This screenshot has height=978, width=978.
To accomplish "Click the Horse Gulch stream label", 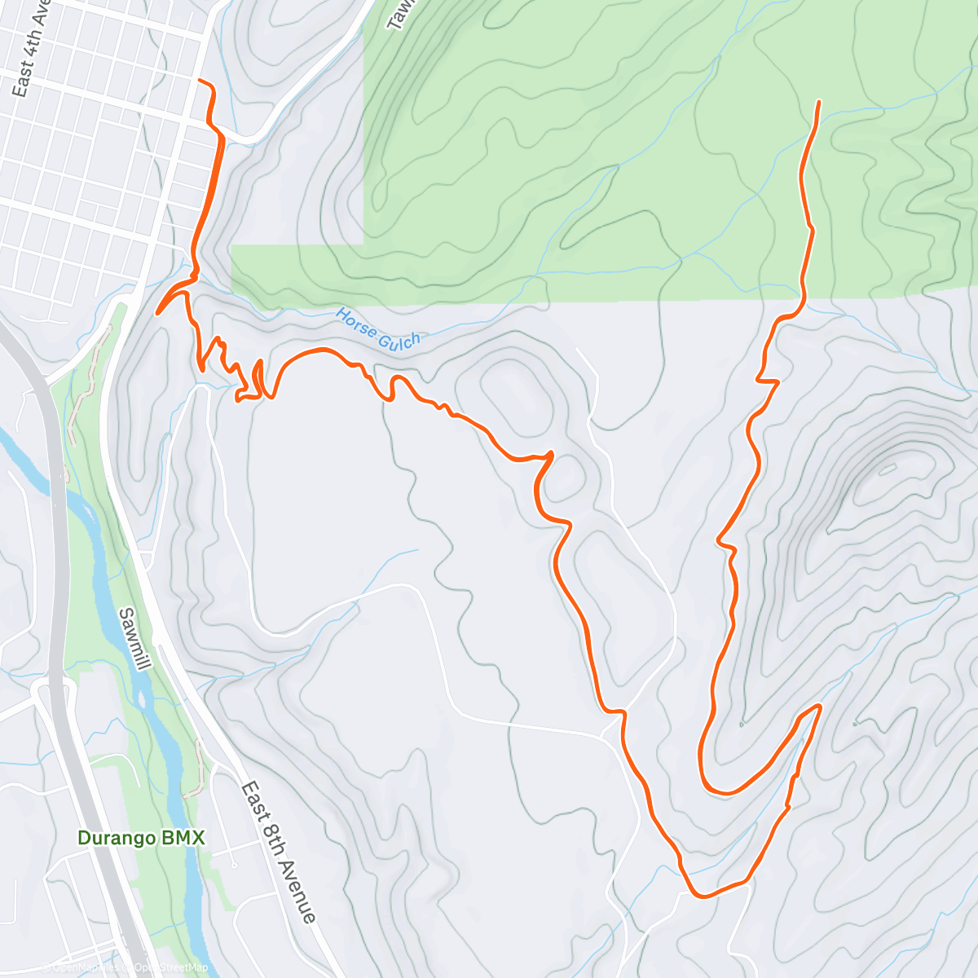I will click(x=379, y=328).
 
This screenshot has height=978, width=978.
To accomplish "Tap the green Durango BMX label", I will click(x=140, y=838).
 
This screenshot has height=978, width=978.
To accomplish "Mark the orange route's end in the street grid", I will click(x=200, y=81).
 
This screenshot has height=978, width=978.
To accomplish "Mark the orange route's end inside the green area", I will click(x=818, y=101).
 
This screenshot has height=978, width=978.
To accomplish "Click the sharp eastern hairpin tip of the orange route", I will click(x=819, y=705).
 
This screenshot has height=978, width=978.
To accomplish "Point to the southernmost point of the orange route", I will click(x=700, y=896).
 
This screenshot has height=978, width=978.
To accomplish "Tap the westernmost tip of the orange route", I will click(x=157, y=312).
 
